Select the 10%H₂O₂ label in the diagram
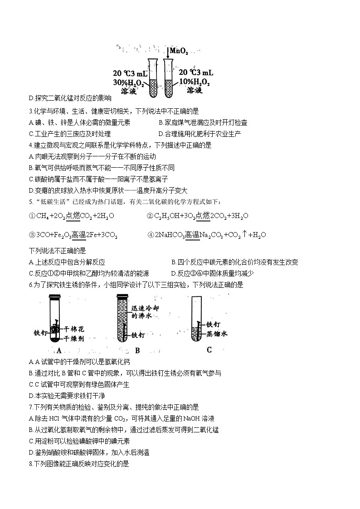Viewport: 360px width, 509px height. coord(195,82)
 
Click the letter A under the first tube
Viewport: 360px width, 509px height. coord(59,350)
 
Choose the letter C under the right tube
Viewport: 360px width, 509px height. coord(209,349)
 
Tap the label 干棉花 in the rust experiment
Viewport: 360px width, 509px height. coord(74,328)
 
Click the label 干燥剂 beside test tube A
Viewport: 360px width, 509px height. coord(74,338)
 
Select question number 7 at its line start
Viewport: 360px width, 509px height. coord(30,407)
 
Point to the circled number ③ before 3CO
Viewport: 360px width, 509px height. coord(31,235)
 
